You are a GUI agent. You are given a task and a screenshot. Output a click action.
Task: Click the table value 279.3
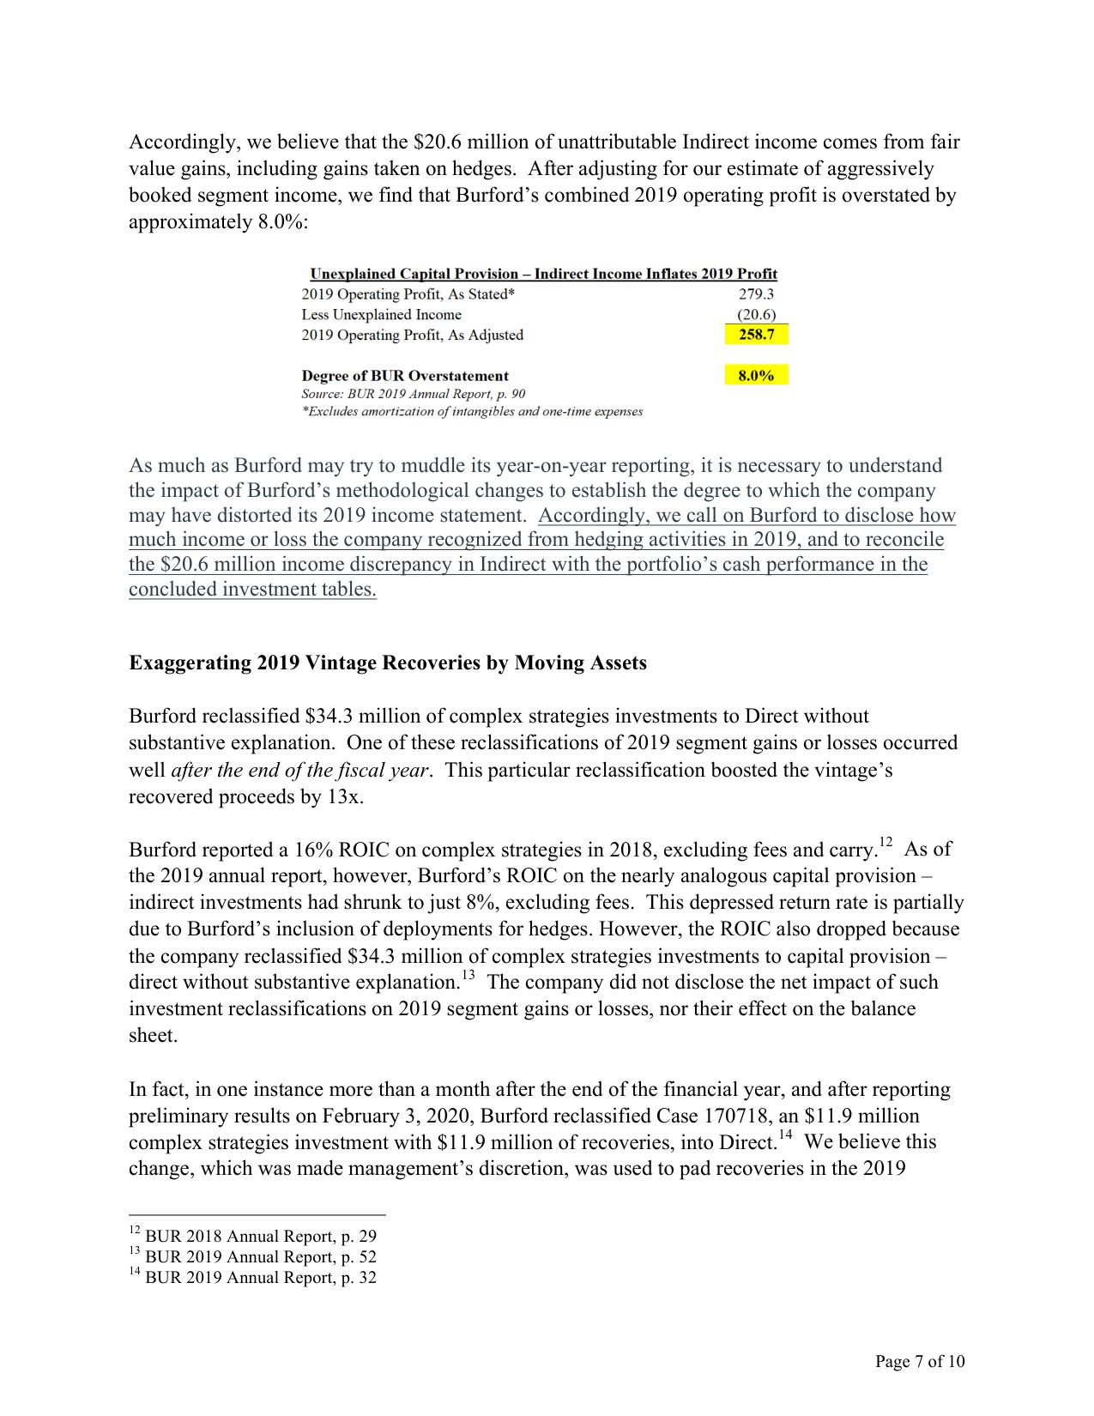[756, 294]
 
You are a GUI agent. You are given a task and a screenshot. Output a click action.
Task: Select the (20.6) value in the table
[756, 315]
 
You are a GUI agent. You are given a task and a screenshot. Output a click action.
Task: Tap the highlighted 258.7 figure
[756, 335]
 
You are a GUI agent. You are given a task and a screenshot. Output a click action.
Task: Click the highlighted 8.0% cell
[756, 375]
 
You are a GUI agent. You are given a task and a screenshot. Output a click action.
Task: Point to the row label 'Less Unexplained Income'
[381, 315]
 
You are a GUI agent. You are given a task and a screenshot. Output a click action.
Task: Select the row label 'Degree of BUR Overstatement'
[405, 376]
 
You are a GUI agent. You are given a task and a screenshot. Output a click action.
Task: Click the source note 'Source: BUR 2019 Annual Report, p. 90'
[413, 394]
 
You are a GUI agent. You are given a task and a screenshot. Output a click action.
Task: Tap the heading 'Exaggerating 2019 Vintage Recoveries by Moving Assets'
[387, 663]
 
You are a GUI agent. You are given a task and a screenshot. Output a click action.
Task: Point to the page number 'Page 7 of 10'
[919, 1361]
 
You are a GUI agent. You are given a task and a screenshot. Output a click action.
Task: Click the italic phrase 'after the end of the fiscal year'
[299, 770]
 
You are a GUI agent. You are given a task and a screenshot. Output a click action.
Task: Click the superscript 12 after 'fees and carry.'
[885, 843]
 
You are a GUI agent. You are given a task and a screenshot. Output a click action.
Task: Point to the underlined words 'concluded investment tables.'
[252, 590]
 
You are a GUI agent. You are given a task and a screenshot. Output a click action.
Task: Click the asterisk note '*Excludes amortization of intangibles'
[471, 412]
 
